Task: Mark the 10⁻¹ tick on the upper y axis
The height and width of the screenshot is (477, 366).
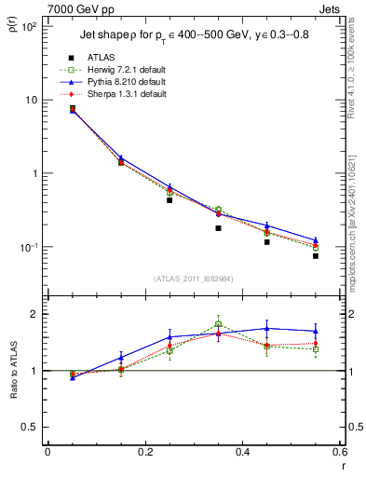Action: tap(31, 248)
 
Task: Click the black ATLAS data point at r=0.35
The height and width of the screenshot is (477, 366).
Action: tap(218, 228)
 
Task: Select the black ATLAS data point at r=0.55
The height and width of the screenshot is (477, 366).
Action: tap(316, 255)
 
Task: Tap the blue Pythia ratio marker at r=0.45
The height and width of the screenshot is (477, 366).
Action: tap(267, 328)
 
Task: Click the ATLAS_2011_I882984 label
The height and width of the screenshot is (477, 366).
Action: tap(193, 279)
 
